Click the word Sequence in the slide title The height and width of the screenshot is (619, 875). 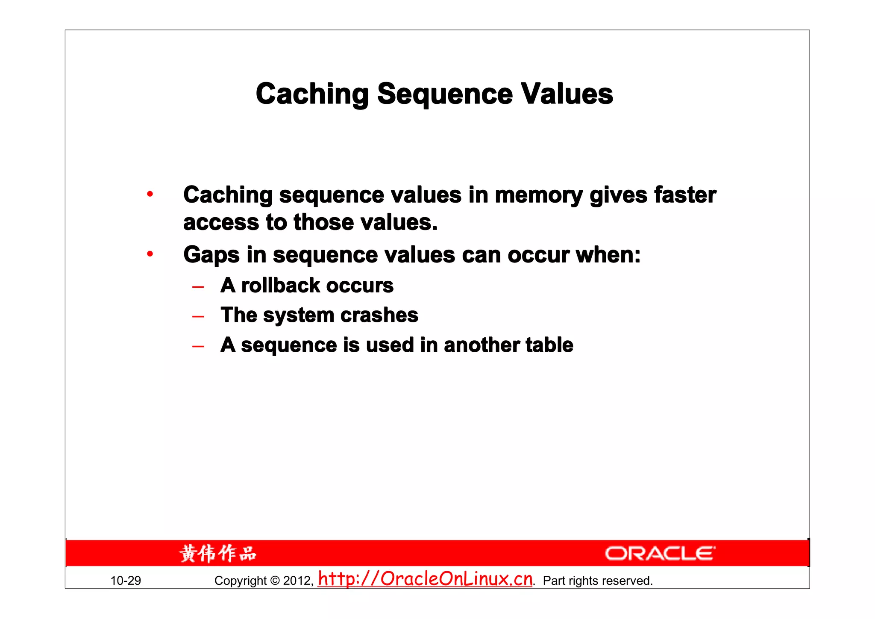pyautogui.click(x=445, y=94)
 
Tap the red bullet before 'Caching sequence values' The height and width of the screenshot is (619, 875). pyautogui.click(x=150, y=194)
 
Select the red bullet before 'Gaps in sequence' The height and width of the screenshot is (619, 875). pyautogui.click(x=150, y=254)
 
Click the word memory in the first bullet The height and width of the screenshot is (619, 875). pyautogui.click(x=538, y=195)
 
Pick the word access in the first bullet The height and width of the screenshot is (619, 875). pyautogui.click(x=221, y=222)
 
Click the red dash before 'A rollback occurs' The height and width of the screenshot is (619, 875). pyautogui.click(x=198, y=287)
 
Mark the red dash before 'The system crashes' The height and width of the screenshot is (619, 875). pyautogui.click(x=198, y=317)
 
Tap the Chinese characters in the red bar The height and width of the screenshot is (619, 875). pyautogui.click(x=218, y=554)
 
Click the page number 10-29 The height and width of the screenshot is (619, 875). pyautogui.click(x=126, y=581)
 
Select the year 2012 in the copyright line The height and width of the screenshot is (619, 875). pyautogui.click(x=298, y=581)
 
